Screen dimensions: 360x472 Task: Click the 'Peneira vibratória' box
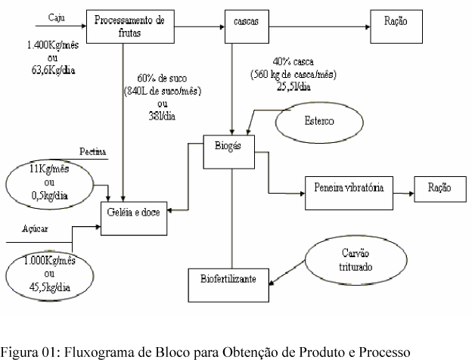tap(350, 194)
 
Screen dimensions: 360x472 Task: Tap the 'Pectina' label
tap(92, 151)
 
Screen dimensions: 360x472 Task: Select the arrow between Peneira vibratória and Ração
tap(403, 194)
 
